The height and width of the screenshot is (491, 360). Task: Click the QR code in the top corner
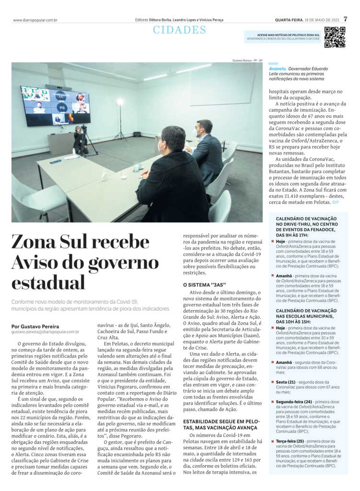point(335,37)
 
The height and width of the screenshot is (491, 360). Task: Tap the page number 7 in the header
point(345,20)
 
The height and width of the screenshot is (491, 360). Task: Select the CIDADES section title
point(179,30)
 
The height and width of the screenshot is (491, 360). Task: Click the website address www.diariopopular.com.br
point(35,20)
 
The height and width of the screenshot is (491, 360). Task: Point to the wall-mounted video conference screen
point(55,106)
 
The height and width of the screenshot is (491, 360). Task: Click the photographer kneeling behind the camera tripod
point(79,140)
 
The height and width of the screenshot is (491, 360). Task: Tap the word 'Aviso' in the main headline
point(39,262)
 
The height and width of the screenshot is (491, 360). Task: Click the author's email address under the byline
point(45,332)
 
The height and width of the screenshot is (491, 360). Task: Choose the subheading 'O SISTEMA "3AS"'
point(204,285)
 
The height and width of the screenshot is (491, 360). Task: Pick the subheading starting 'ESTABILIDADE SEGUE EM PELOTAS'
point(221,424)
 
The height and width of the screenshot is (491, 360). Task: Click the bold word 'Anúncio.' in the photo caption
point(278,69)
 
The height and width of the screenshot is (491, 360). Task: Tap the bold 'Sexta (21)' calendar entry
point(285,382)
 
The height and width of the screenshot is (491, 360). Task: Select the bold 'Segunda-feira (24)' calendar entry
point(294,401)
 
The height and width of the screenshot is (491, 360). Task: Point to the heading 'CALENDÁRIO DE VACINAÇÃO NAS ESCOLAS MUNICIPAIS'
point(306,316)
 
